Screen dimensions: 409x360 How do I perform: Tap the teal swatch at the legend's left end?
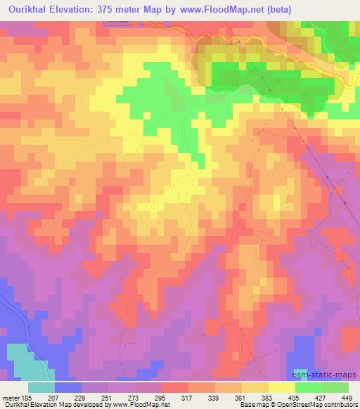click(41, 387)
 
